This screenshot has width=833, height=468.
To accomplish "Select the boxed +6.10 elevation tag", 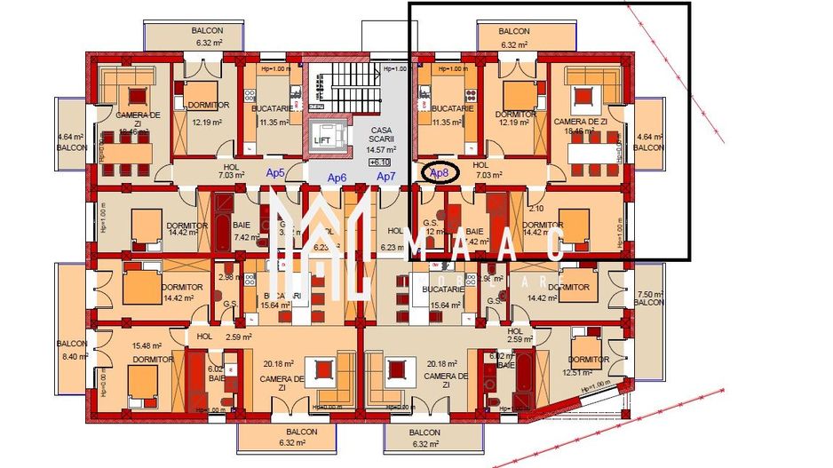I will pyautogui.click(x=380, y=163).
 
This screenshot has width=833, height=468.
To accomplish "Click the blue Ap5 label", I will pyautogui.click(x=276, y=173).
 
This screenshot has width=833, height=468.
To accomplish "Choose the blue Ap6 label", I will pyautogui.click(x=337, y=178).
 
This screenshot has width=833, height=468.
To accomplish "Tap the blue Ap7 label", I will pyautogui.click(x=386, y=177).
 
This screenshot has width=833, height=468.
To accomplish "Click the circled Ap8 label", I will pyautogui.click(x=440, y=172).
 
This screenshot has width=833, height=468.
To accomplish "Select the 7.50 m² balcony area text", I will pyautogui.click(x=650, y=294).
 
